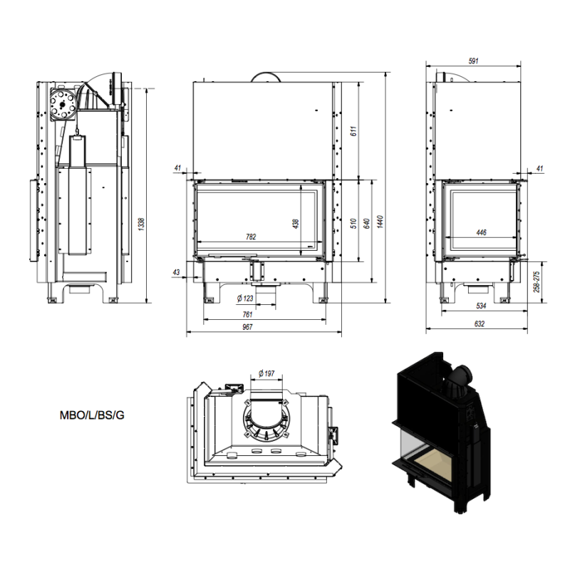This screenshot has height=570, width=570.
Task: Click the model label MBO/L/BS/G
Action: pyautogui.click(x=92, y=415)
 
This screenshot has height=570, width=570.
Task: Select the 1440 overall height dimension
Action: pyautogui.click(x=380, y=222)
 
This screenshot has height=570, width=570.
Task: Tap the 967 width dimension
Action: pyautogui.click(x=247, y=327)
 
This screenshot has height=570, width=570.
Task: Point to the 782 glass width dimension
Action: pyautogui.click(x=251, y=237)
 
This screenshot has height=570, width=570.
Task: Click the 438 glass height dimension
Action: pyautogui.click(x=296, y=223)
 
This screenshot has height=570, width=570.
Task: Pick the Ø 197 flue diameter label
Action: pyautogui.click(x=266, y=373)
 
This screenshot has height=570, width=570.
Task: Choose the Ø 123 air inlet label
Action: pyautogui.click(x=245, y=299)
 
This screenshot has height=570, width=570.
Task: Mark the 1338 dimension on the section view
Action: pyautogui.click(x=141, y=224)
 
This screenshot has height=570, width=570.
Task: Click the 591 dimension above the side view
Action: pyautogui.click(x=473, y=61)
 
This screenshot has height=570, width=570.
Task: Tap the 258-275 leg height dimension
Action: pyautogui.click(x=537, y=281)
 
